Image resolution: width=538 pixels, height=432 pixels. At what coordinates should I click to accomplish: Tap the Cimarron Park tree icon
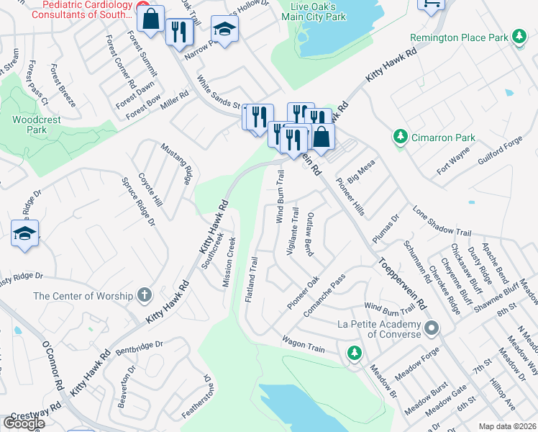click(x=399, y=136)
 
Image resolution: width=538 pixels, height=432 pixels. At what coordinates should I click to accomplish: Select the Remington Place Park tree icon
click(x=518, y=37)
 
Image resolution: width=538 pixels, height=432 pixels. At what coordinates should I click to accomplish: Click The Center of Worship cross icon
click(x=145, y=295)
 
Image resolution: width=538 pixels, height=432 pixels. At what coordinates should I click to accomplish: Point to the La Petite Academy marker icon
click(x=432, y=329)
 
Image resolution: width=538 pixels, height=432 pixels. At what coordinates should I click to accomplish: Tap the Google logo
click(x=24, y=423)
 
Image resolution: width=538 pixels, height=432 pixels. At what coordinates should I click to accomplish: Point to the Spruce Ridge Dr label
click(x=138, y=201)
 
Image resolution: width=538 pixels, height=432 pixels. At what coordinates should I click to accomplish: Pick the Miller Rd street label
click(x=175, y=101)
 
